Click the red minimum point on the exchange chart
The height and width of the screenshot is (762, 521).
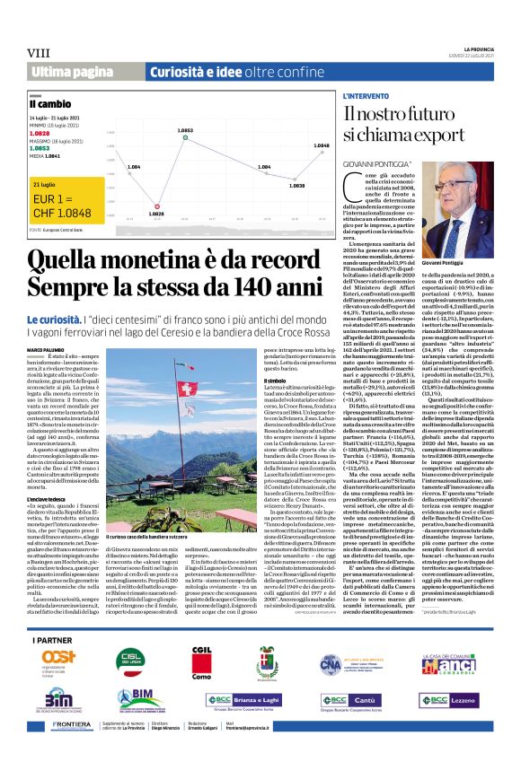coord(131,205)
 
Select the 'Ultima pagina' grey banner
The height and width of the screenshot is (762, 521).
coord(66,71)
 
